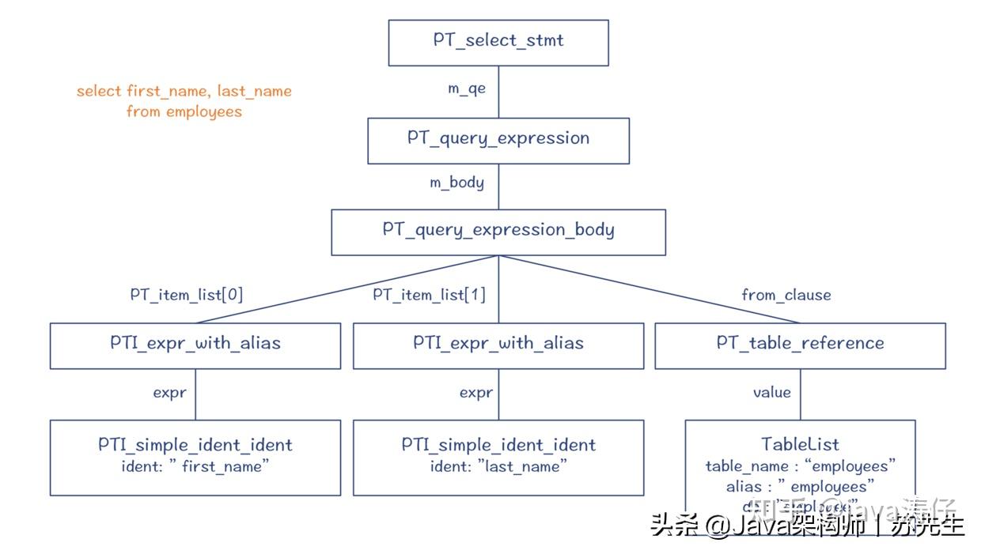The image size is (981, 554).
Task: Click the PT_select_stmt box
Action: pos(498,42)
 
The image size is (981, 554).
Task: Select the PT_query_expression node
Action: pos(498,140)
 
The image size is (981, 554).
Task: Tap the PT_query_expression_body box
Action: pos(498,232)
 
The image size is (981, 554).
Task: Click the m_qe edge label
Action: pos(467,89)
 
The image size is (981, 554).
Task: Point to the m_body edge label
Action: pos(456,183)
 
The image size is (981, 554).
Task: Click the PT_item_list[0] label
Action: pos(186,296)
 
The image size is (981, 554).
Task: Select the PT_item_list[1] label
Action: pos(429,296)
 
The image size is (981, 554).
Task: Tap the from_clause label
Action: pos(786,296)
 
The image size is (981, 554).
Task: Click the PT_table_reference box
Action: pos(800,345)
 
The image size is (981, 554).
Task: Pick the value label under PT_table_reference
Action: pos(771,392)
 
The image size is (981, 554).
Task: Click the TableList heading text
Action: pos(800,444)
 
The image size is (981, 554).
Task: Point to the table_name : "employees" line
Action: pos(800,466)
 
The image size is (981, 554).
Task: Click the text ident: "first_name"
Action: pos(195,467)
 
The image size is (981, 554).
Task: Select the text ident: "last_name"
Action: pos(498,467)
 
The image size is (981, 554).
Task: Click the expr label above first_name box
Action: pos(169,393)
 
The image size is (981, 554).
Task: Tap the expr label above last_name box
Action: pos(476,393)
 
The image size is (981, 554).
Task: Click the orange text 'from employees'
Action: pos(184,112)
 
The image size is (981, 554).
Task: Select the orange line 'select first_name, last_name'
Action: pos(184,91)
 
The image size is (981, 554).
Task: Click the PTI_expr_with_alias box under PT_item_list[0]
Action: pos(195,345)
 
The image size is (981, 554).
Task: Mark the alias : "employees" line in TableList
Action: pos(800,487)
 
